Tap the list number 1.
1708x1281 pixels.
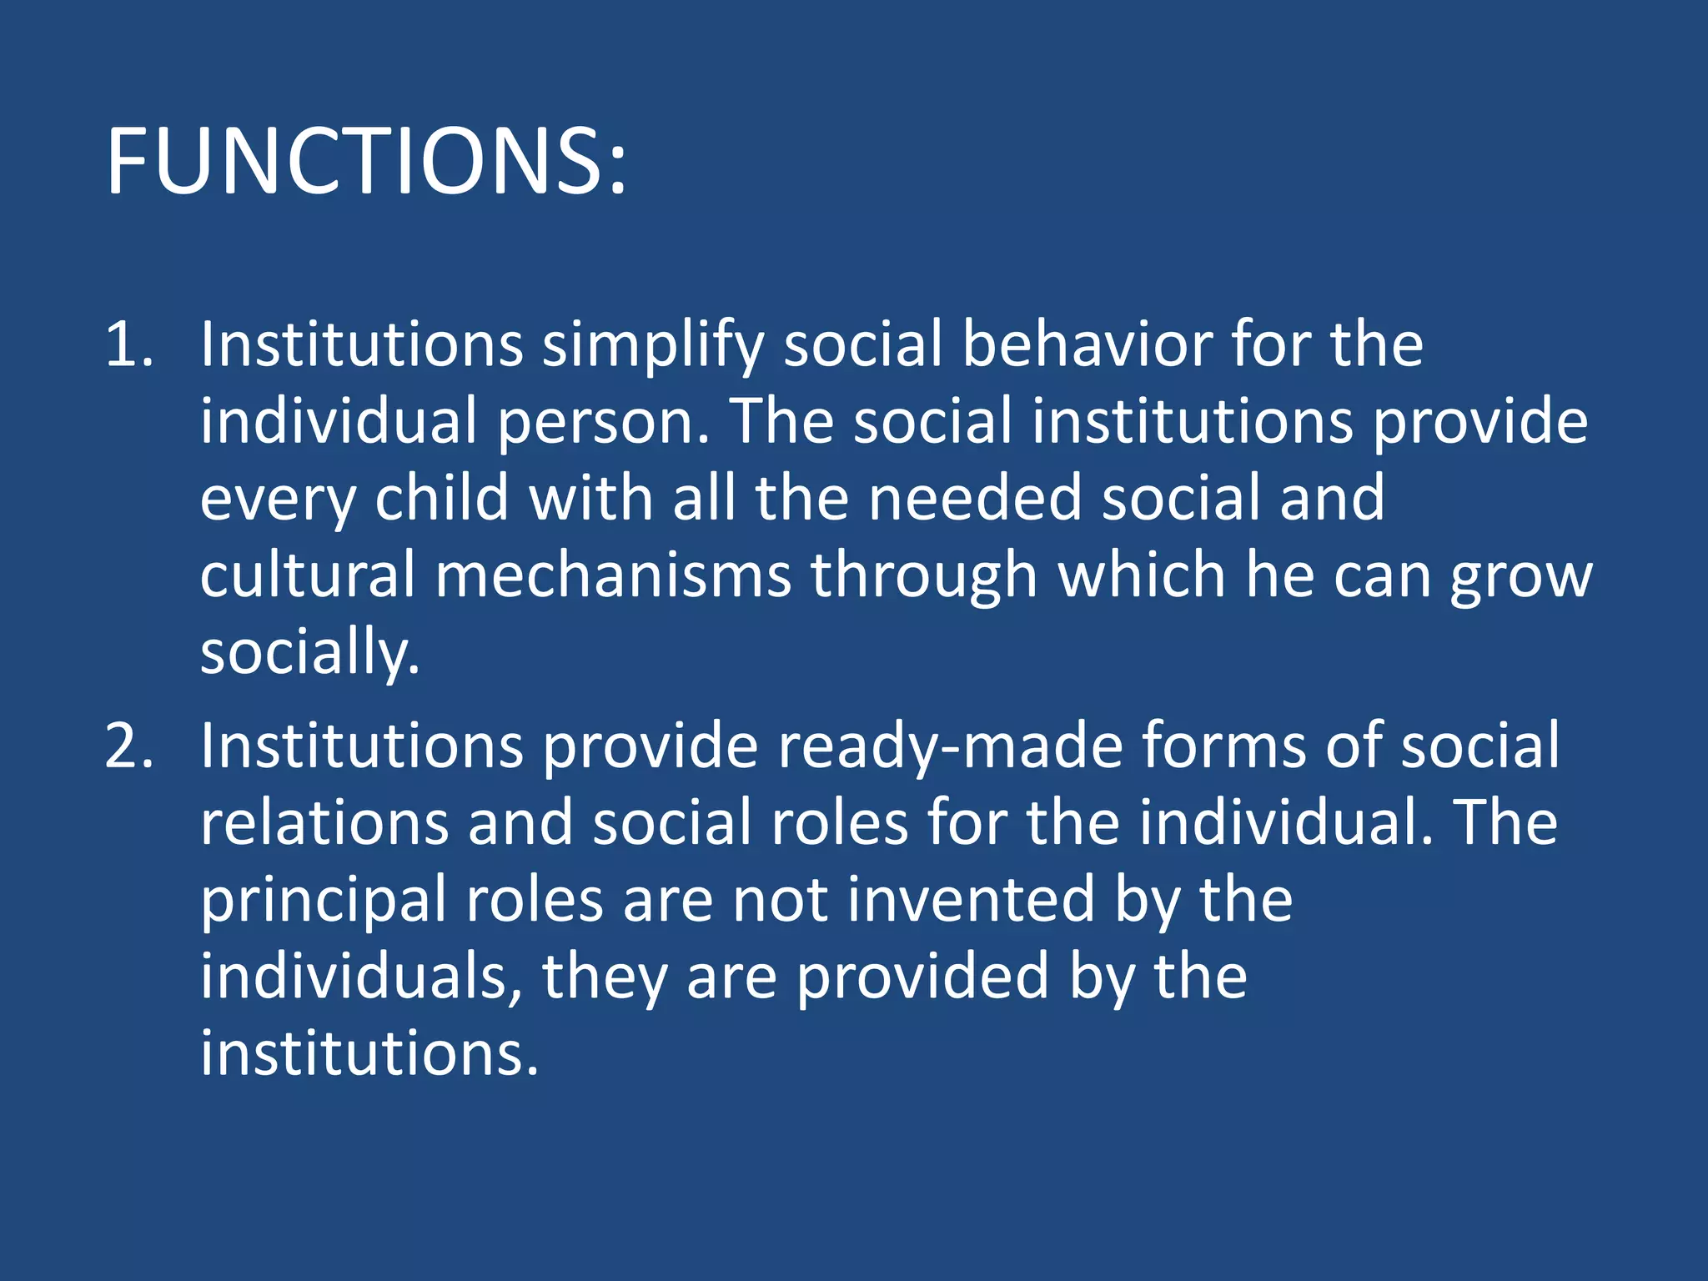pyautogui.click(x=129, y=344)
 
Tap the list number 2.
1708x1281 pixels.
pyautogui.click(x=129, y=746)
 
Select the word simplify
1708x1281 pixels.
pyautogui.click(x=653, y=345)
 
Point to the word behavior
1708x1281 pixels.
pyautogui.click(x=1087, y=344)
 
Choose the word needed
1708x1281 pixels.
pyautogui.click(x=974, y=498)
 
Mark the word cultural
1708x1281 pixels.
pyautogui.click(x=307, y=575)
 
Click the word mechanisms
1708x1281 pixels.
pyautogui.click(x=613, y=575)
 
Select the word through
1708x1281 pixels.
pyautogui.click(x=924, y=576)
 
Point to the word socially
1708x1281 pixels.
pyautogui.click(x=309, y=653)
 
